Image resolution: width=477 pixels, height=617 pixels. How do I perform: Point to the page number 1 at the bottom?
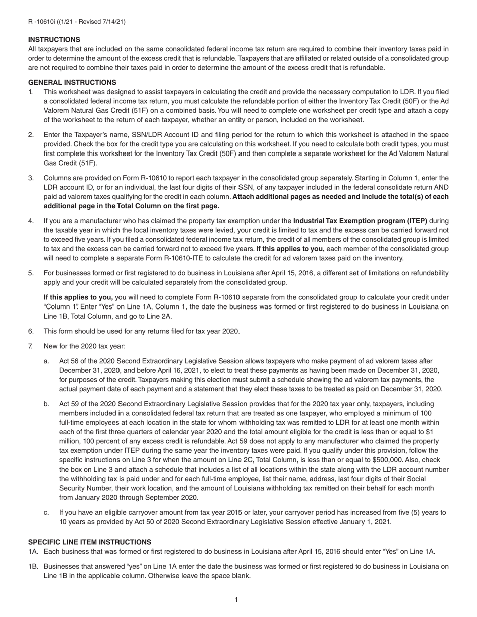(x=236, y=599)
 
